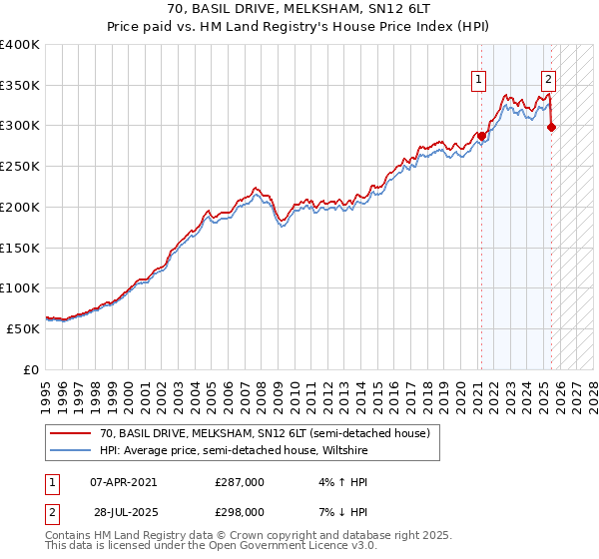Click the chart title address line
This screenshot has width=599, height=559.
pos(299,8)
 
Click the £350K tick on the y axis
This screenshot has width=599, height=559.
pos(20,85)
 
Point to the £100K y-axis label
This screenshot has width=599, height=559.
pos(20,287)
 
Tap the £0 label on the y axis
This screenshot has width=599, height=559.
pos(30,369)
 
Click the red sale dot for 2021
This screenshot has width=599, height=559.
pos(480,136)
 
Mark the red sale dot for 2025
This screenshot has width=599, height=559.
pos(552,127)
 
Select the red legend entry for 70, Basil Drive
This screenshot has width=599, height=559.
pos(265,433)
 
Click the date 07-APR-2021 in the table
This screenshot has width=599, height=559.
pos(123,481)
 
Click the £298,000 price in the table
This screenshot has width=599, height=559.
pos(240,511)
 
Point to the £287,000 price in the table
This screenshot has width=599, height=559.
pos(240,481)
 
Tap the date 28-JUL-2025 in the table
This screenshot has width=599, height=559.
pos(123,511)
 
